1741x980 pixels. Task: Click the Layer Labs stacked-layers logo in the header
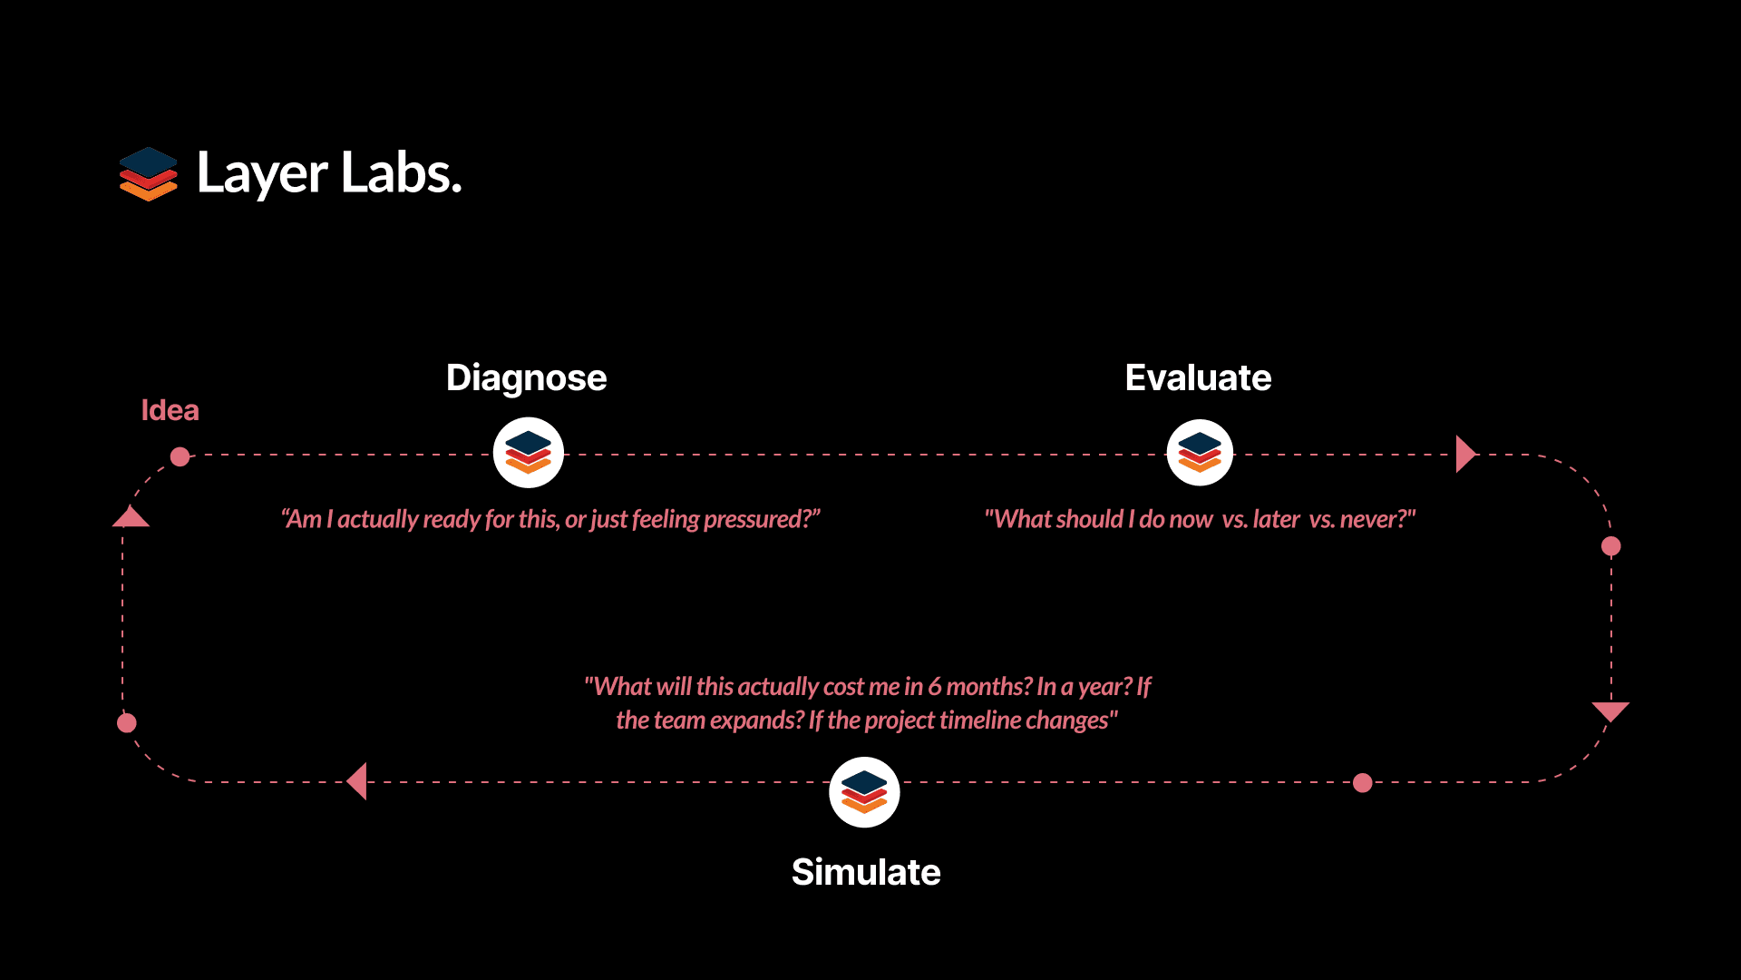click(149, 173)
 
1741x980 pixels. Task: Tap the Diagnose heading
click(526, 378)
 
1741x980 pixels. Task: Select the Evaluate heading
click(1198, 377)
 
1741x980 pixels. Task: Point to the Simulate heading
click(866, 872)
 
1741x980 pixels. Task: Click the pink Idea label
click(170, 410)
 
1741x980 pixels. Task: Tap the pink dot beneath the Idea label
click(180, 456)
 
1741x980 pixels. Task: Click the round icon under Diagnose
click(529, 453)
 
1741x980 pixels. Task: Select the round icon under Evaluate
click(1200, 453)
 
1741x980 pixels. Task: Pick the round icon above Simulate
click(864, 792)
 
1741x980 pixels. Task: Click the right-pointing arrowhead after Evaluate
click(1466, 454)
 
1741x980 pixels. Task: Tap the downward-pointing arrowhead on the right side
click(1610, 711)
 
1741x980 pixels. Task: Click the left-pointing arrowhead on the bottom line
click(357, 781)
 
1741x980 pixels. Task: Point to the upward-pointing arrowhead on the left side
click(131, 516)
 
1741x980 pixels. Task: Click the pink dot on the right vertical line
click(1611, 546)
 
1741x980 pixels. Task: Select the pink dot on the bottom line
click(1363, 783)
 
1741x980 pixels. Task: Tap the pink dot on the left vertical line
click(127, 723)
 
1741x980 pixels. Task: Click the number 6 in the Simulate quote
click(934, 687)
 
